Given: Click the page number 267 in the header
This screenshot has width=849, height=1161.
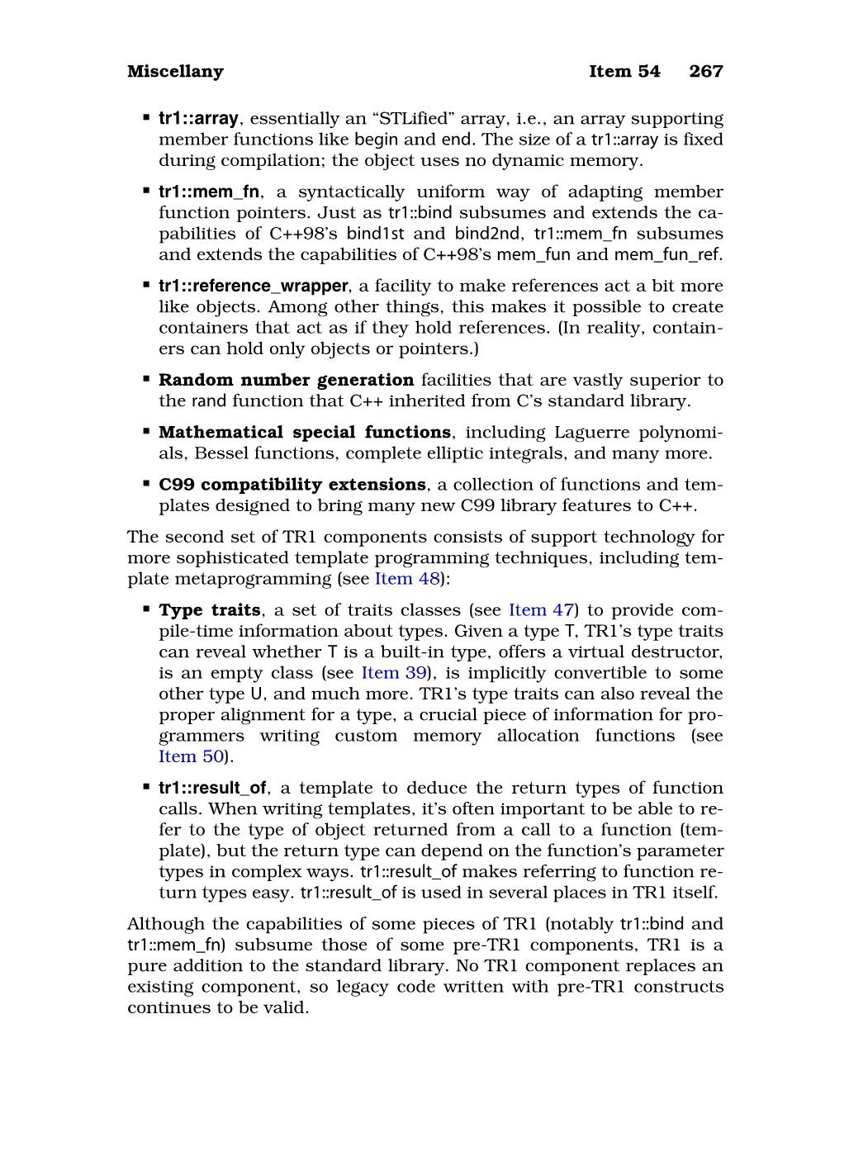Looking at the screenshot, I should (706, 72).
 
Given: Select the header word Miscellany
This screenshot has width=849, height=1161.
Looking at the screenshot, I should (175, 72).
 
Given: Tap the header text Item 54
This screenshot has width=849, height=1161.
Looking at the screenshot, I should (624, 72).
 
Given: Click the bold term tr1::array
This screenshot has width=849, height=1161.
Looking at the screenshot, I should (198, 119).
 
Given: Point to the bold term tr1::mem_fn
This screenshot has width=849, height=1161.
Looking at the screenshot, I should (210, 192).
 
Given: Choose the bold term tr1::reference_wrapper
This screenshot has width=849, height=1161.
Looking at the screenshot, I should (254, 287).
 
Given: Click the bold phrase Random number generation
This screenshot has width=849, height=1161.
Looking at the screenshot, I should (286, 381).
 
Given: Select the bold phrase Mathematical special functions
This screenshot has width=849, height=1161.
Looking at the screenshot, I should (304, 433).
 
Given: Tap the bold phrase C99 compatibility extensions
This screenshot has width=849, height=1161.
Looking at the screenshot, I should (292, 485).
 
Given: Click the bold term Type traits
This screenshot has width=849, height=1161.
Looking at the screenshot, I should (210, 610).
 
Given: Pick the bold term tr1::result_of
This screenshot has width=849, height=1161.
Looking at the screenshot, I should (212, 789).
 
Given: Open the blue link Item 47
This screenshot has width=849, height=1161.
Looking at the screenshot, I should (541, 610).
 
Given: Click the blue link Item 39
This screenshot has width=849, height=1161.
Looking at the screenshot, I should (393, 673).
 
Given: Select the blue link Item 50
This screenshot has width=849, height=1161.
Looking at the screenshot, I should (191, 756).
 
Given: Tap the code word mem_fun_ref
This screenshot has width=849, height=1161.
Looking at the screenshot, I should (666, 254).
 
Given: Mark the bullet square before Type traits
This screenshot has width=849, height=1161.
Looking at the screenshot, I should (145, 609).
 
